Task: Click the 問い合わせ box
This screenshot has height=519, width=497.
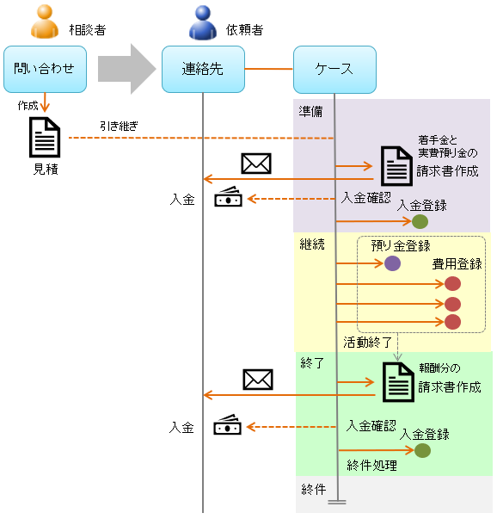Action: pos(45,69)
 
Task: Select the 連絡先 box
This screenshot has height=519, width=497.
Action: pos(203,69)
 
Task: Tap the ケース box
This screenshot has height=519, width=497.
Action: pos(334,69)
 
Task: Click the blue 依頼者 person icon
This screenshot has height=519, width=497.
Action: pos(203,23)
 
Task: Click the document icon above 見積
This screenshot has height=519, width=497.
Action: pos(45,138)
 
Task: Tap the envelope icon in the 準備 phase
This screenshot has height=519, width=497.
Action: pos(256,163)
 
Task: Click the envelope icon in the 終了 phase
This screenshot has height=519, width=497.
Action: pos(257,379)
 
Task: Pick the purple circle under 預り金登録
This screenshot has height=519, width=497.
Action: pos(393,263)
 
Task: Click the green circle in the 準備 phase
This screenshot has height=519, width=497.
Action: pos(420,221)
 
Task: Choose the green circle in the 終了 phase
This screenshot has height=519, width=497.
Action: pos(422,450)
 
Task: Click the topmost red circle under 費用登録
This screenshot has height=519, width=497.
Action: pos(453,283)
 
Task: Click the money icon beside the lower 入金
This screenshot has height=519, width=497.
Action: pos(227,426)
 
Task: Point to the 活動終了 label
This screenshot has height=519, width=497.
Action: pos(367,341)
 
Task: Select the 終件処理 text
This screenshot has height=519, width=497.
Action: pos(371,466)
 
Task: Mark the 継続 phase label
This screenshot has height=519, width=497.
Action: pos(312,244)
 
